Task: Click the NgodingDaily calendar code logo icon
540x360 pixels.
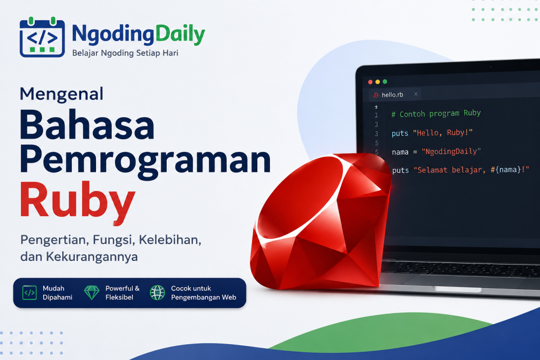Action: point(42,37)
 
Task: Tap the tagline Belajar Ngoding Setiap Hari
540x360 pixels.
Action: point(125,53)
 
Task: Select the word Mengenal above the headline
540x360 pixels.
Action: point(61,94)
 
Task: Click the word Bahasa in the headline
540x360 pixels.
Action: point(87,124)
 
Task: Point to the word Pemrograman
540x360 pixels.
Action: point(145,161)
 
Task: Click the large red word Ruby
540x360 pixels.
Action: point(78,202)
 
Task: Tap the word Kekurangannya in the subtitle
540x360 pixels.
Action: point(92,257)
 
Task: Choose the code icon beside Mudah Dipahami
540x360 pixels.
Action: point(30,293)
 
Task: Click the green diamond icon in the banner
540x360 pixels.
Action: point(92,293)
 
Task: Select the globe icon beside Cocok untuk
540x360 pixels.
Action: point(157,293)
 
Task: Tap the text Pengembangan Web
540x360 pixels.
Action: point(204,297)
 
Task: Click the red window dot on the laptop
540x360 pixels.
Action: point(370,82)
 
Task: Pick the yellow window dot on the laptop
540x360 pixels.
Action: point(378,82)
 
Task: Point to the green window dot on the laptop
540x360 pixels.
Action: point(385,82)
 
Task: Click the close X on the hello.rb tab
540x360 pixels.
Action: point(416,94)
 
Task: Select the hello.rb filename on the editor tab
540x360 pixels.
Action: point(392,95)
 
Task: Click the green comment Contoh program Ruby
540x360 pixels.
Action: point(436,113)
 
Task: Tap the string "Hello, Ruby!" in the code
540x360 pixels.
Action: point(442,132)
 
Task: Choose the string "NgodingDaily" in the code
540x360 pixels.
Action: point(451,151)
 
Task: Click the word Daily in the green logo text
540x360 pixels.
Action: point(180,34)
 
